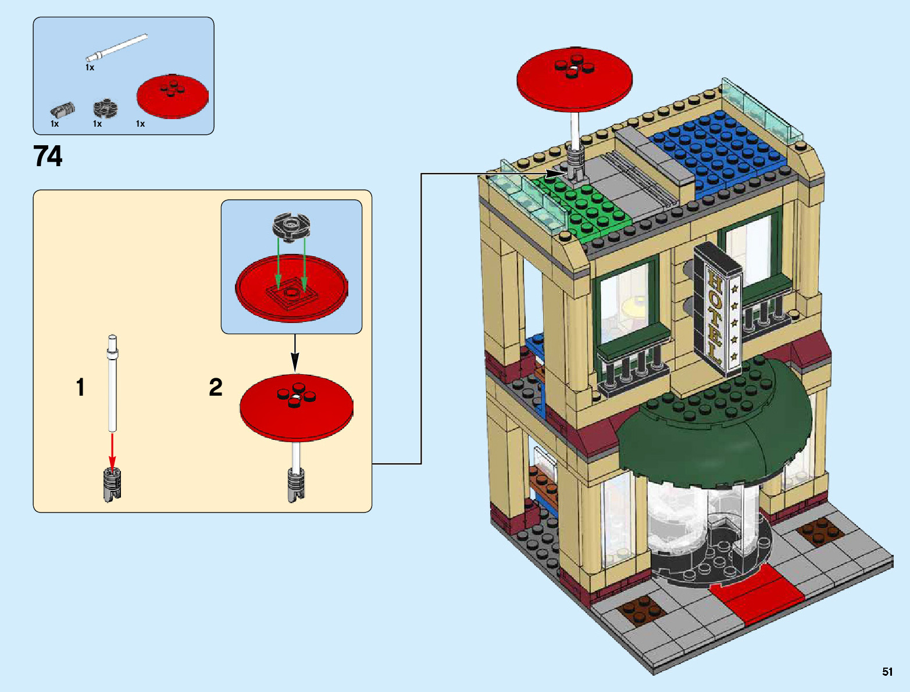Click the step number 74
48,157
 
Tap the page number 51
887,672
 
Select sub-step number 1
80,388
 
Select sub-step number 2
215,388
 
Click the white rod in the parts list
116,47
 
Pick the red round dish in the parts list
172,95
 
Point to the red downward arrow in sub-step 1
112,450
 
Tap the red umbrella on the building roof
574,78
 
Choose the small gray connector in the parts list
63,109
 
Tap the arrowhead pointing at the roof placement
553,173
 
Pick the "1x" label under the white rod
90,67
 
